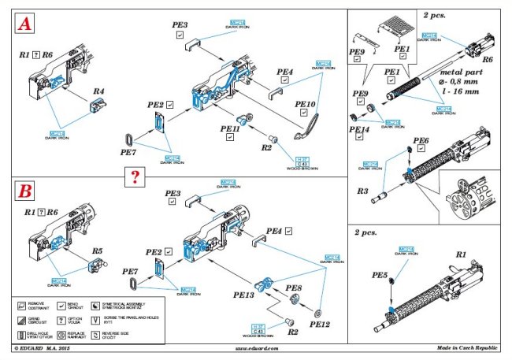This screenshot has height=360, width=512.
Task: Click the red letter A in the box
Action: pyautogui.click(x=25, y=27)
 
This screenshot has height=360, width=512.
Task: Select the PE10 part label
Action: pyautogui.click(x=305, y=103)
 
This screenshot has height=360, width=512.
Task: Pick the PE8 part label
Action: pyautogui.click(x=294, y=289)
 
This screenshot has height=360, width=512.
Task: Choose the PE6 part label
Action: pyautogui.click(x=421, y=140)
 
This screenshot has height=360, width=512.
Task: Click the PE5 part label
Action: pyautogui.click(x=380, y=276)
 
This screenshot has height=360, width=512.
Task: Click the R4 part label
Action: pyautogui.click(x=99, y=92)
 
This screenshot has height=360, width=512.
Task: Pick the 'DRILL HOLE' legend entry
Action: pyautogui.click(x=38, y=331)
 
